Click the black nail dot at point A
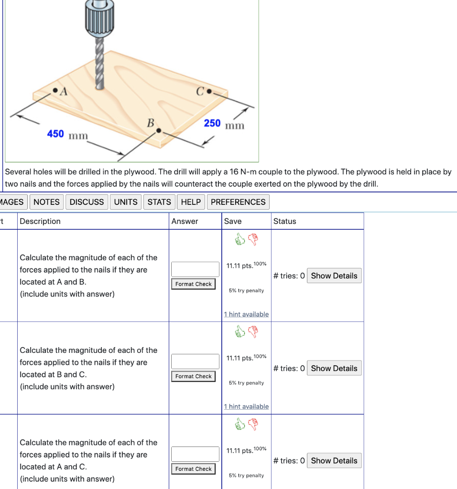[x=55, y=90]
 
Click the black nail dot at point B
[x=159, y=130]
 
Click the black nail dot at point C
[x=209, y=91]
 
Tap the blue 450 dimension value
[x=55, y=134]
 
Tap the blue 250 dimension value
[x=212, y=123]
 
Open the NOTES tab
[x=46, y=202]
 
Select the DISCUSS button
[x=87, y=202]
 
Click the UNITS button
[x=126, y=202]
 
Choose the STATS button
[x=159, y=202]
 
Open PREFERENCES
[x=238, y=202]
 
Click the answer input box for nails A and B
[x=195, y=269]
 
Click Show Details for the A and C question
[x=334, y=461]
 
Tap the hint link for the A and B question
[x=246, y=314]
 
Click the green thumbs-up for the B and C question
[x=240, y=331]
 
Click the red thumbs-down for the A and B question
[x=253, y=240]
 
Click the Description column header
[x=40, y=221]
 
